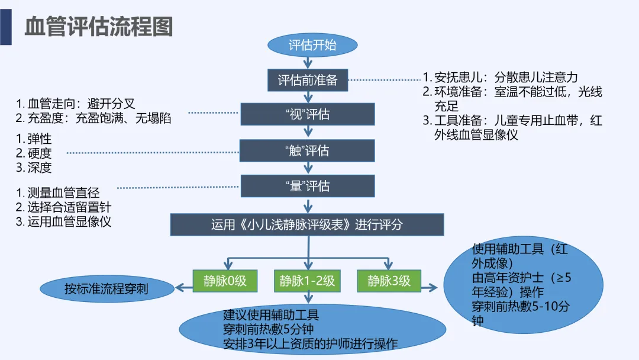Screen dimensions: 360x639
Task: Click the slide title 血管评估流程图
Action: coord(99,27)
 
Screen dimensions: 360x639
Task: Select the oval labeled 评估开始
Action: coord(312,46)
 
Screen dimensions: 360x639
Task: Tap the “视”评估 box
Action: coord(307,114)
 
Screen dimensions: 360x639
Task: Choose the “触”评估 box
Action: coord(307,150)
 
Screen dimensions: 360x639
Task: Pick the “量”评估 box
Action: coord(307,186)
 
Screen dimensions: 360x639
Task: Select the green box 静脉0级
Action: coord(225,281)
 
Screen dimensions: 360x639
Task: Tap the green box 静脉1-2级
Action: coord(307,281)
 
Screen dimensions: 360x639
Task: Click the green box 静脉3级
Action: coord(389,281)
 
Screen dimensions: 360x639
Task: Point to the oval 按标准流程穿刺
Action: coord(107,290)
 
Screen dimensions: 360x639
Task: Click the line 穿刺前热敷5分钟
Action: coord(267,329)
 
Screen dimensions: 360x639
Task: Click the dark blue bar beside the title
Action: coord(6,23)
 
